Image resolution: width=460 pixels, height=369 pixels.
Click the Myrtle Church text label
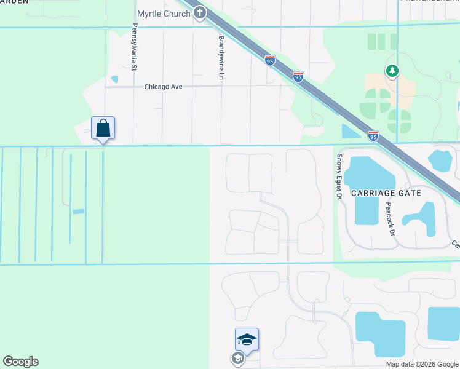pyautogui.click(x=163, y=14)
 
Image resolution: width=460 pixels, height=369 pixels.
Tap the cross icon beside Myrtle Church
pyautogui.click(x=199, y=14)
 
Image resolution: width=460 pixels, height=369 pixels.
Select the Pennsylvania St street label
pyautogui.click(x=133, y=47)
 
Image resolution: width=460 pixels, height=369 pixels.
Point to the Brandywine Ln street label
pyautogui.click(x=221, y=57)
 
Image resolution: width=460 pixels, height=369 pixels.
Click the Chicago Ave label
pyautogui.click(x=164, y=87)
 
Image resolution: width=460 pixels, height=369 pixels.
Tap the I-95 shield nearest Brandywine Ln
pyautogui.click(x=270, y=60)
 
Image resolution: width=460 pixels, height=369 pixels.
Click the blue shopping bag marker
pyautogui.click(x=103, y=128)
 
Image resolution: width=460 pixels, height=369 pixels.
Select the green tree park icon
pyautogui.click(x=392, y=72)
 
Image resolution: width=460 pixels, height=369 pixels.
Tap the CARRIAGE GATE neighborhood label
pyautogui.click(x=386, y=193)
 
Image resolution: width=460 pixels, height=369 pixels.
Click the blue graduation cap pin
pyautogui.click(x=247, y=339)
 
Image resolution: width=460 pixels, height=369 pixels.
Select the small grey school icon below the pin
pyautogui.click(x=237, y=358)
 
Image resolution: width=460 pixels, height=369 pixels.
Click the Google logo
pyautogui.click(x=20, y=362)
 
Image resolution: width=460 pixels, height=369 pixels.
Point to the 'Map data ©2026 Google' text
pyautogui.click(x=421, y=364)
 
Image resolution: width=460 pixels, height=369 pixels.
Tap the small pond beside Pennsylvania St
pyautogui.click(x=114, y=79)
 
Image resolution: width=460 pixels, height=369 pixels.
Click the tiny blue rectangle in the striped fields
pyautogui.click(x=78, y=212)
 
